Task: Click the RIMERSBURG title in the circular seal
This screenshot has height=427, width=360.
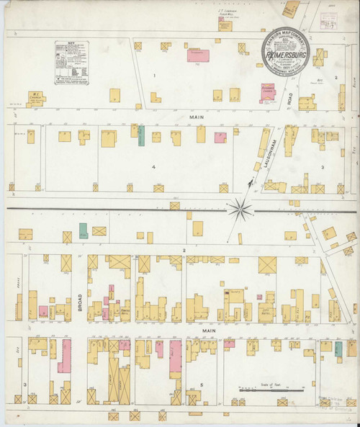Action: pyautogui.click(x=284, y=53)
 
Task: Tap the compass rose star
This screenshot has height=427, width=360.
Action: pyautogui.click(x=240, y=210)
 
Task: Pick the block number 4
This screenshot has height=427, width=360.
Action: pyautogui.click(x=153, y=167)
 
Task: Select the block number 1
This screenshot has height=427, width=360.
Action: pyautogui.click(x=153, y=75)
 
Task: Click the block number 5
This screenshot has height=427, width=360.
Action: pyautogui.click(x=202, y=385)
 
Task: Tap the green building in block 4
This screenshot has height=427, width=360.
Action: pyautogui.click(x=141, y=135)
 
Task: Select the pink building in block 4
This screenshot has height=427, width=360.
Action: pyautogui.click(x=221, y=137)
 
